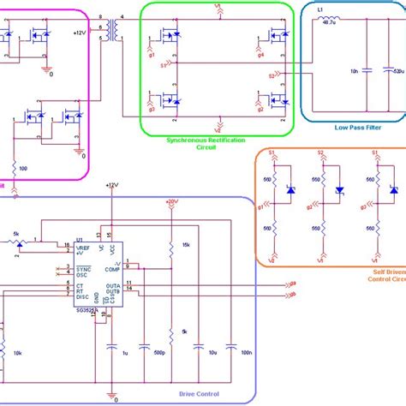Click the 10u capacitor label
pyautogui.click(x=200, y=352)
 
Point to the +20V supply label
pyautogui.click(x=172, y=202)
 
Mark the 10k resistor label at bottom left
pyautogui.click(x=16, y=352)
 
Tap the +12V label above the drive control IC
pyautogui.click(x=111, y=184)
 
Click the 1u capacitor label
pyautogui.click(x=124, y=352)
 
